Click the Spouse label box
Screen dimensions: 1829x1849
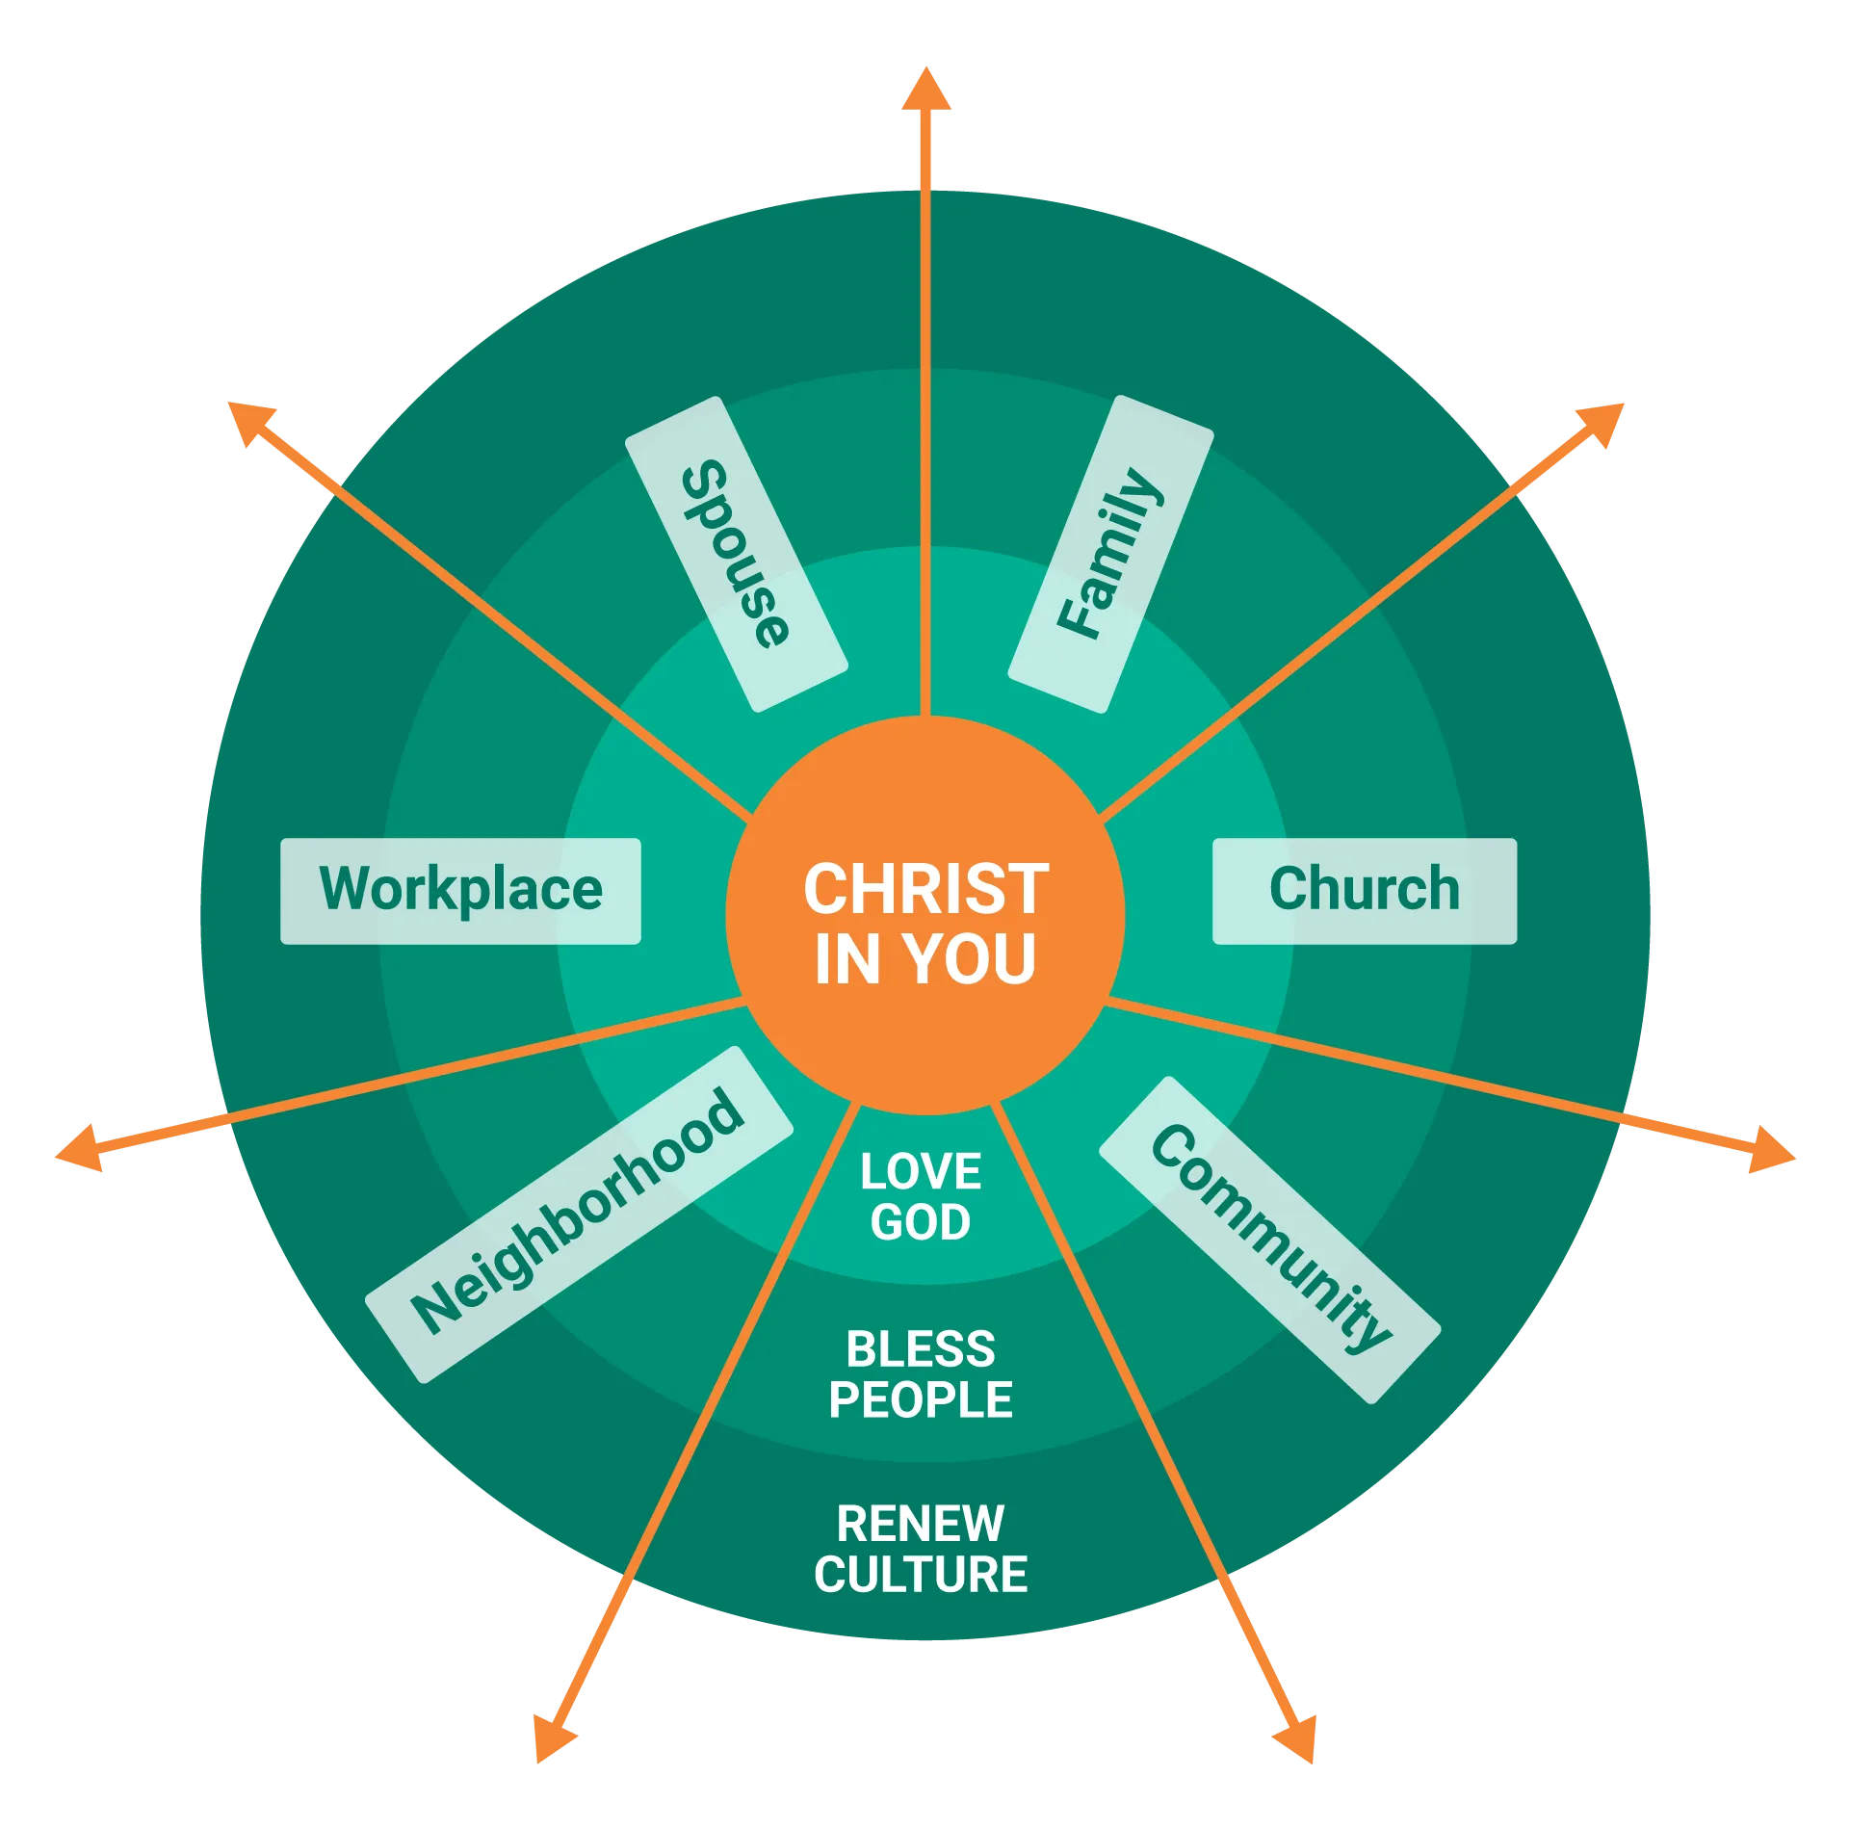(x=737, y=554)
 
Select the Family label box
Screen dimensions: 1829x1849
(x=1110, y=554)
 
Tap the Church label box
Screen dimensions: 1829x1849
(x=1364, y=890)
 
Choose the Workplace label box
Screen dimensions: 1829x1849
(x=460, y=890)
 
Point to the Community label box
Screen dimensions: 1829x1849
(x=1269, y=1239)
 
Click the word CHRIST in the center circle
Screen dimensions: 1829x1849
(x=925, y=889)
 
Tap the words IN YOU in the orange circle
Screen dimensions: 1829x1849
(x=925, y=959)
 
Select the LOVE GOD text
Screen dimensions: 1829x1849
(x=921, y=1197)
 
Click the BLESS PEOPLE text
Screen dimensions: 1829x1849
(x=921, y=1374)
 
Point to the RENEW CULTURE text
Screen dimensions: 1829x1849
(x=921, y=1550)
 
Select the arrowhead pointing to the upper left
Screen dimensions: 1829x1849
(x=250, y=424)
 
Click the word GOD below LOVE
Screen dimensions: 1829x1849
(x=921, y=1223)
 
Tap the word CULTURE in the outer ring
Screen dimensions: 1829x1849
(x=921, y=1576)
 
